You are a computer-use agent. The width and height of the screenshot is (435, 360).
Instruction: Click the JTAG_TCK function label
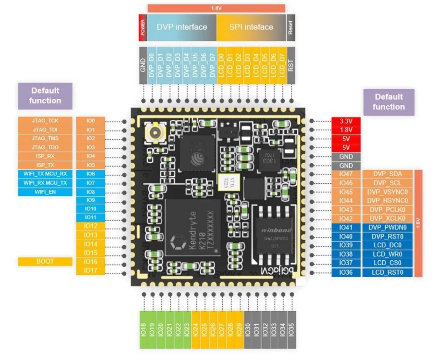(45, 121)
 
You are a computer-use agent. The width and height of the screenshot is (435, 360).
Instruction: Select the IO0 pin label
(90, 121)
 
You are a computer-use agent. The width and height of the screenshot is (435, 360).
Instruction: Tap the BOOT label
(45, 262)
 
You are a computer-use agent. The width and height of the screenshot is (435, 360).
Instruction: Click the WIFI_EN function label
(45, 192)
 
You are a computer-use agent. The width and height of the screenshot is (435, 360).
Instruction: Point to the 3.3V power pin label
(346, 121)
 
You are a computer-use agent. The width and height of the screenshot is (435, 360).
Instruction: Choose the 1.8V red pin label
(346, 130)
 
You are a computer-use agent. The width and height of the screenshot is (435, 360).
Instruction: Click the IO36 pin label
(346, 273)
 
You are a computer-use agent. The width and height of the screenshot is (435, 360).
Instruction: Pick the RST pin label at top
(291, 65)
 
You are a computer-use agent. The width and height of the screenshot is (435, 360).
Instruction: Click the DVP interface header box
(182, 27)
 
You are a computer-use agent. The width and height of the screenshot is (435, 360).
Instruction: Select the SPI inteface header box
(251, 27)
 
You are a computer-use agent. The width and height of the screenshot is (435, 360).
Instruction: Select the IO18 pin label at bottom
(143, 330)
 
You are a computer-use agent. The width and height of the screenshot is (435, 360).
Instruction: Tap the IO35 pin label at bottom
(291, 330)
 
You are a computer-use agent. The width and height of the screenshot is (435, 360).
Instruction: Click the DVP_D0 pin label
(152, 65)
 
